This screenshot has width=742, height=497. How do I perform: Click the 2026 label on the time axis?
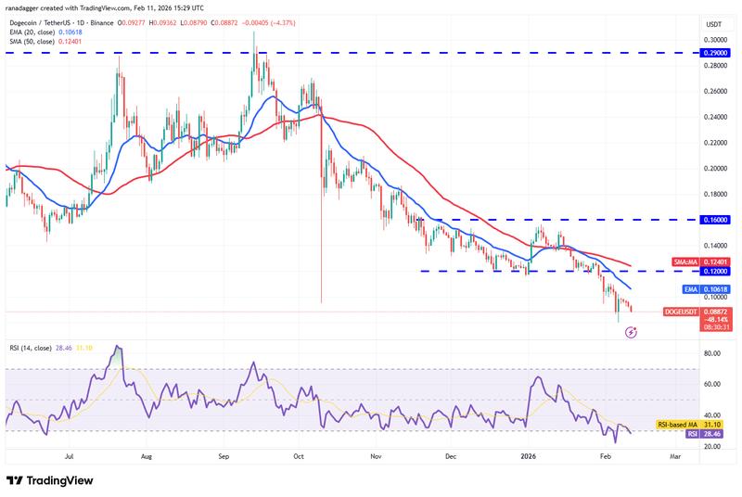(529, 456)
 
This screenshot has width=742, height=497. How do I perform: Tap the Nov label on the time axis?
(375, 456)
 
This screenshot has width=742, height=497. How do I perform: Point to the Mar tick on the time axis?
(675, 456)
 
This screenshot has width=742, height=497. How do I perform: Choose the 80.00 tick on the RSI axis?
(712, 353)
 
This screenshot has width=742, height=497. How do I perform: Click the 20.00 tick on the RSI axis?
(712, 447)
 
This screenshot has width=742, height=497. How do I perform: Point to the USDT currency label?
(713, 24)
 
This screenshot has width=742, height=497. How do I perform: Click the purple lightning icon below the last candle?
(630, 332)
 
